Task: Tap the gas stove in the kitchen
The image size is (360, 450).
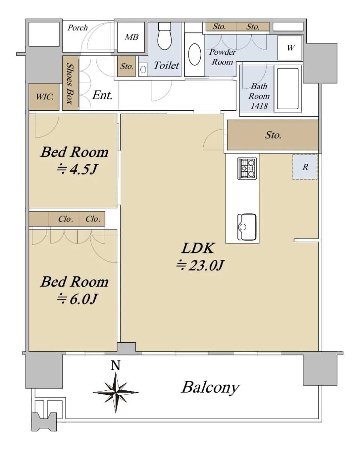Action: point(247,168)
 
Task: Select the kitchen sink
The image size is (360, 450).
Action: point(247,227)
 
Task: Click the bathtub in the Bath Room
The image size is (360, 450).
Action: point(288,88)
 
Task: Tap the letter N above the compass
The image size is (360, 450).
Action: point(115,365)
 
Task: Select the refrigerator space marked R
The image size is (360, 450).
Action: point(305,167)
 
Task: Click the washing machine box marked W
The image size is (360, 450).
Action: point(290,48)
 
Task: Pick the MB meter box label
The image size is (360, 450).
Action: point(132,37)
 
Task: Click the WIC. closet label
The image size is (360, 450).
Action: point(45,97)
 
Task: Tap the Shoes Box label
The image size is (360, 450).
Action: point(70,84)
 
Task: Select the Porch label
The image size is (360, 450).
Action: point(77,28)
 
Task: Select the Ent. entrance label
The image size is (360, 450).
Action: point(102,95)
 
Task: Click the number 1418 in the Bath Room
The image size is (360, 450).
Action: point(259,106)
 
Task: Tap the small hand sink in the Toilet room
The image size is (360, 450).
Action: point(143,70)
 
